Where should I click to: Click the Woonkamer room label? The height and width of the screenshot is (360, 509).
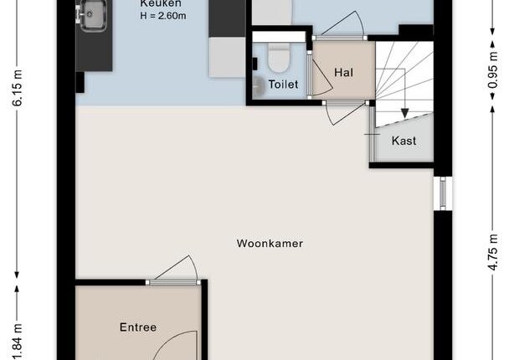click(x=270, y=244)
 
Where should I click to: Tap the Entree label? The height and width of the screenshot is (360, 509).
click(x=138, y=327)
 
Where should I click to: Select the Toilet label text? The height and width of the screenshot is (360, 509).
click(x=284, y=85)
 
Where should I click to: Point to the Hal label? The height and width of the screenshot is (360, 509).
click(x=344, y=72)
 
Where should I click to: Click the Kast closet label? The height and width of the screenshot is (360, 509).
click(x=404, y=141)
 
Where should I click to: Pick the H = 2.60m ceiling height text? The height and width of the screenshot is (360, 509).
click(x=163, y=16)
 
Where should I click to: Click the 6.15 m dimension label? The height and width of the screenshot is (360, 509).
click(x=18, y=88)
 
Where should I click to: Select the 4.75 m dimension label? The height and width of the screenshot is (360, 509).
click(x=493, y=252)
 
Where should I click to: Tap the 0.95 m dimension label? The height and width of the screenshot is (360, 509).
click(x=493, y=70)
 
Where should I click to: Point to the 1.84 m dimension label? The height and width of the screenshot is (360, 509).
click(x=18, y=342)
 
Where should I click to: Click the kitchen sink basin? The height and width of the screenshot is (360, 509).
click(x=93, y=14)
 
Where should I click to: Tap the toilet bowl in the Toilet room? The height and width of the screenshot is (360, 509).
click(x=278, y=59)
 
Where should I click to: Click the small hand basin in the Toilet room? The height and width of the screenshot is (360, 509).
click(x=259, y=87)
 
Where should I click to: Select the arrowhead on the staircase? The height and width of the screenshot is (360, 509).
click(x=404, y=113)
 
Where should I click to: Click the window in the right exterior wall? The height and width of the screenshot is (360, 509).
click(x=443, y=193)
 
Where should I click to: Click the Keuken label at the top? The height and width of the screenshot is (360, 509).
click(x=161, y=3)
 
